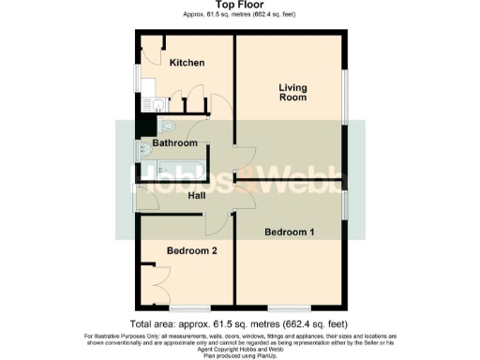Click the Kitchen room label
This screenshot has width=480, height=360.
[x=187, y=63]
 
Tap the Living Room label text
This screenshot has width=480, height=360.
[x=293, y=93]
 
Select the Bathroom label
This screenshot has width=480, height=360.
[x=175, y=143]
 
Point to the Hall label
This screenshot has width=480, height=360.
[x=197, y=196]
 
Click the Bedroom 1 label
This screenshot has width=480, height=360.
[x=290, y=231]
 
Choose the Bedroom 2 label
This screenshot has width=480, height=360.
[x=192, y=250]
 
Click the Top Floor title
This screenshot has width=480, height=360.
[x=240, y=6]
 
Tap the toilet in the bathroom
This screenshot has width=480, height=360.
[x=167, y=125]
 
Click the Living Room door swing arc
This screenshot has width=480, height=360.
[x=245, y=159]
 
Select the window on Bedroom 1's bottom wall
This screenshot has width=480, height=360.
[x=285, y=307]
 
